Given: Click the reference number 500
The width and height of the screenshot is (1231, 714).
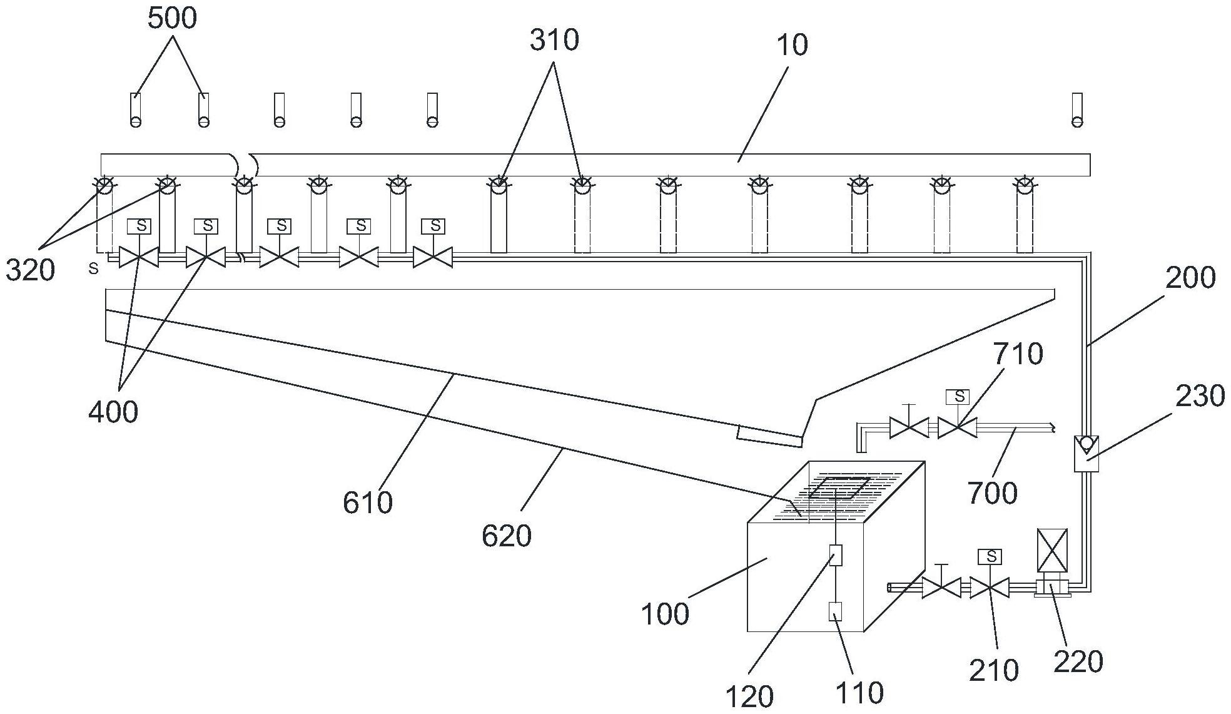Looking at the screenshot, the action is click(x=172, y=18).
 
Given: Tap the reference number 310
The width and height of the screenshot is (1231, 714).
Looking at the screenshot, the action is click(x=554, y=40).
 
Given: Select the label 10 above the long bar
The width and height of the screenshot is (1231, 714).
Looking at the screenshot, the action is click(x=792, y=45).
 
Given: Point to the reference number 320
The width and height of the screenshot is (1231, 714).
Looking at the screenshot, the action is click(x=31, y=270).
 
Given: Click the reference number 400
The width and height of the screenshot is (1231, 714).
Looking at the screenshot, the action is click(x=113, y=412).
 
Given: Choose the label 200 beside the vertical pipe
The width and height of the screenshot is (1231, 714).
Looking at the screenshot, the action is click(x=1190, y=277).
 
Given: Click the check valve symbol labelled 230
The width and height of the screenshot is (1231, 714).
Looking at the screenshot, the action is click(x=1087, y=454).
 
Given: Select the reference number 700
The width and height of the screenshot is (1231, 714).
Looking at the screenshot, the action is click(x=993, y=493).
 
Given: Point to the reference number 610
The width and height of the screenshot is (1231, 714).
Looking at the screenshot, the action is click(x=368, y=502).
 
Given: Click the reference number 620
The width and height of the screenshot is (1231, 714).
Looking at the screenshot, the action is click(x=507, y=536).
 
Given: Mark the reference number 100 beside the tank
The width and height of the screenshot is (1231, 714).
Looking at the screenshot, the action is click(x=666, y=615).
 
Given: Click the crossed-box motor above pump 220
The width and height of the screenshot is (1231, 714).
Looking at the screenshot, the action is click(x=1052, y=550).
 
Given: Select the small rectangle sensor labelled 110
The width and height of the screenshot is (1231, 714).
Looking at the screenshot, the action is click(x=835, y=611).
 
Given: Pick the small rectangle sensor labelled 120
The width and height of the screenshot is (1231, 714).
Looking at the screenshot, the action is click(x=836, y=555).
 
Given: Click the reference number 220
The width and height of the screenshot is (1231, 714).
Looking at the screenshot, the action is click(x=1078, y=661).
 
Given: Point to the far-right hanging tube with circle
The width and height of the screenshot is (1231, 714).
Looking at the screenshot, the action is click(x=1077, y=110).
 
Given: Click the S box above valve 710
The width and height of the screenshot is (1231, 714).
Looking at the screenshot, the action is click(x=958, y=397).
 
